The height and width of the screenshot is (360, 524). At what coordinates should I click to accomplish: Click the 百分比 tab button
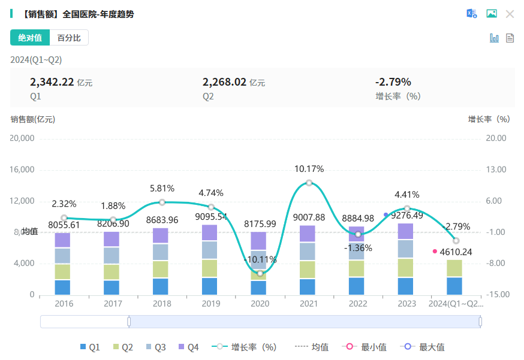click(x=69, y=38)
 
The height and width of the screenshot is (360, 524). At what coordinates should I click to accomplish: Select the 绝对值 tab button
click(x=30, y=38)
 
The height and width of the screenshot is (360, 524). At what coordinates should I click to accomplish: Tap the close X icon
click(x=510, y=14)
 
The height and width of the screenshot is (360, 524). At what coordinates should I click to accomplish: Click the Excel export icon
click(x=472, y=14)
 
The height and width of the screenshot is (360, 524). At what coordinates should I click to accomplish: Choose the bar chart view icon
click(x=495, y=38)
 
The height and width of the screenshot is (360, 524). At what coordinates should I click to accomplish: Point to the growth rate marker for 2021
click(x=309, y=183)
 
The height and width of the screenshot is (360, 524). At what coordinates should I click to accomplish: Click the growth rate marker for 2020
click(x=260, y=273)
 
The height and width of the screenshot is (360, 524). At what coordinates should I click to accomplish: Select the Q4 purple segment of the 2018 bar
click(x=161, y=235)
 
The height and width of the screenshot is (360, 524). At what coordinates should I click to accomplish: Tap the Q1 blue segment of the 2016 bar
click(x=63, y=287)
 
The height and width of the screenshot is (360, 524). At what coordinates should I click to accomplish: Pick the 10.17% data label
click(x=309, y=169)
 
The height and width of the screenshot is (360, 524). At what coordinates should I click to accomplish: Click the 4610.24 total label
click(x=456, y=252)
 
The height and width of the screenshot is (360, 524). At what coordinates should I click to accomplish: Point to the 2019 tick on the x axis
click(x=210, y=304)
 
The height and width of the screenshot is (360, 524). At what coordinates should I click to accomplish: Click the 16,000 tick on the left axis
click(x=22, y=170)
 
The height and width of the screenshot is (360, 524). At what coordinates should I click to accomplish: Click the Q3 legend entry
click(x=155, y=347)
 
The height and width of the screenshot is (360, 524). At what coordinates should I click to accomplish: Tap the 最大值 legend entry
click(x=425, y=347)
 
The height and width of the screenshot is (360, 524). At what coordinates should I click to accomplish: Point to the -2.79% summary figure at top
click(x=393, y=82)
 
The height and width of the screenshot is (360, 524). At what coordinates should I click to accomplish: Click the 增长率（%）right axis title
click(x=489, y=119)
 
